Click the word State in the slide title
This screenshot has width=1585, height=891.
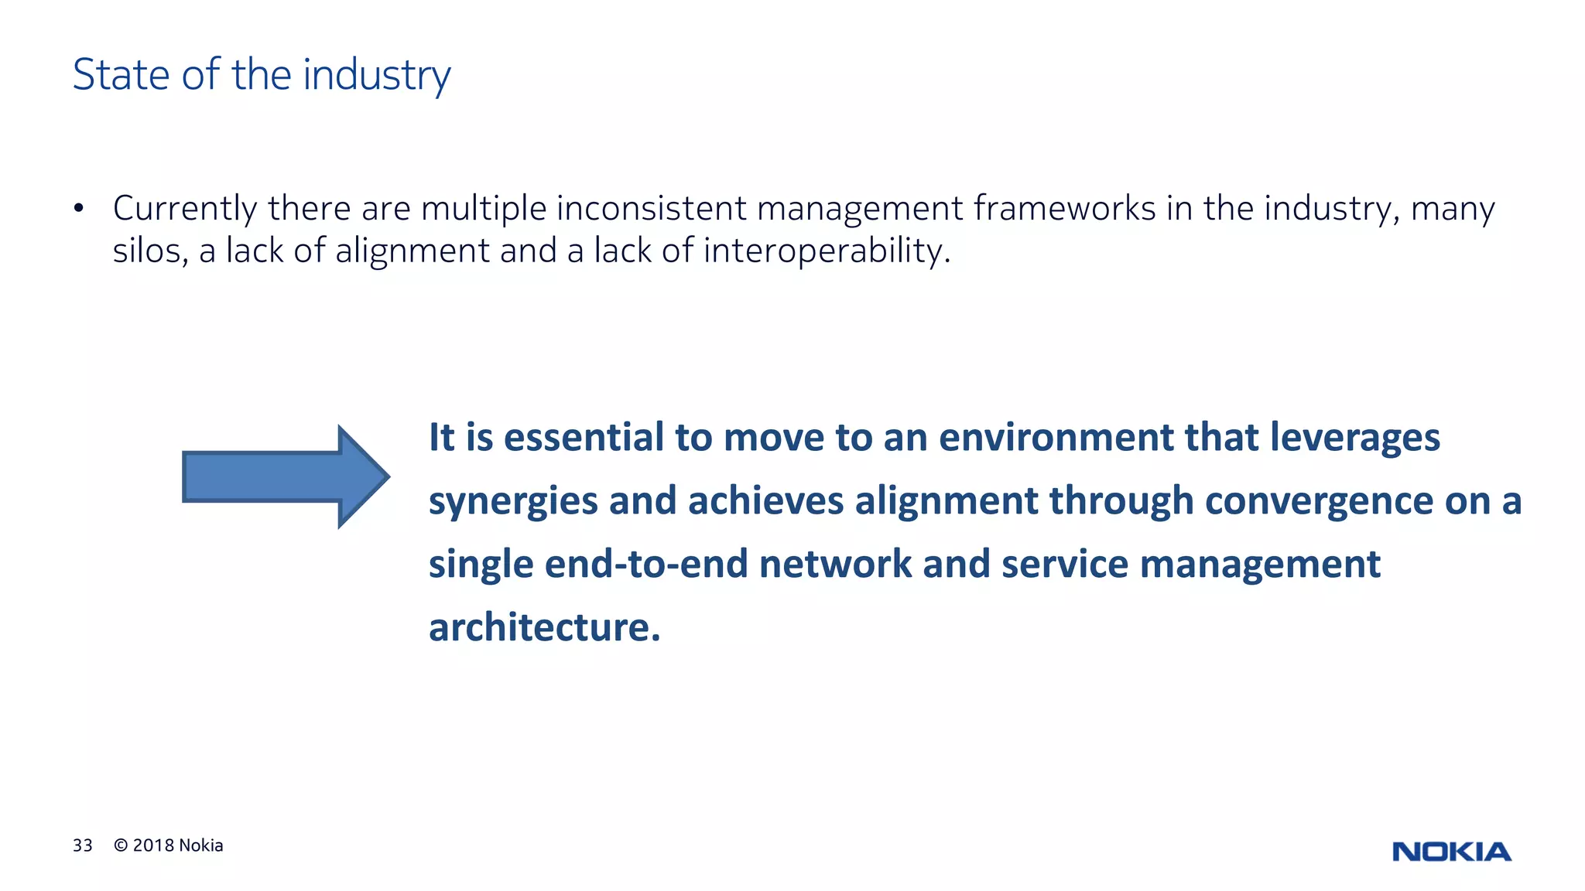[121, 75]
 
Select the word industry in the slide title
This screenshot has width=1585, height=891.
[376, 76]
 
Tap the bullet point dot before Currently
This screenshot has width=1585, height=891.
[78, 209]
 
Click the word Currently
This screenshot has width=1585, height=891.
[185, 209]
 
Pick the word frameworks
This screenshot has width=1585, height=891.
[1064, 208]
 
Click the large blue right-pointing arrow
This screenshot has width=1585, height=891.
[286, 476]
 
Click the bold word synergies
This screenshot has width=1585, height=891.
[513, 501]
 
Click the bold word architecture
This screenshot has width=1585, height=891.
[545, 627]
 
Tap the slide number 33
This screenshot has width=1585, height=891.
[83, 845]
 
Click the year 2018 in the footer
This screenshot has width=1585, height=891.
[153, 845]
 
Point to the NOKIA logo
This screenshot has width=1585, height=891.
[1451, 852]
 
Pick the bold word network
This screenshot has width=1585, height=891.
[835, 564]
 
